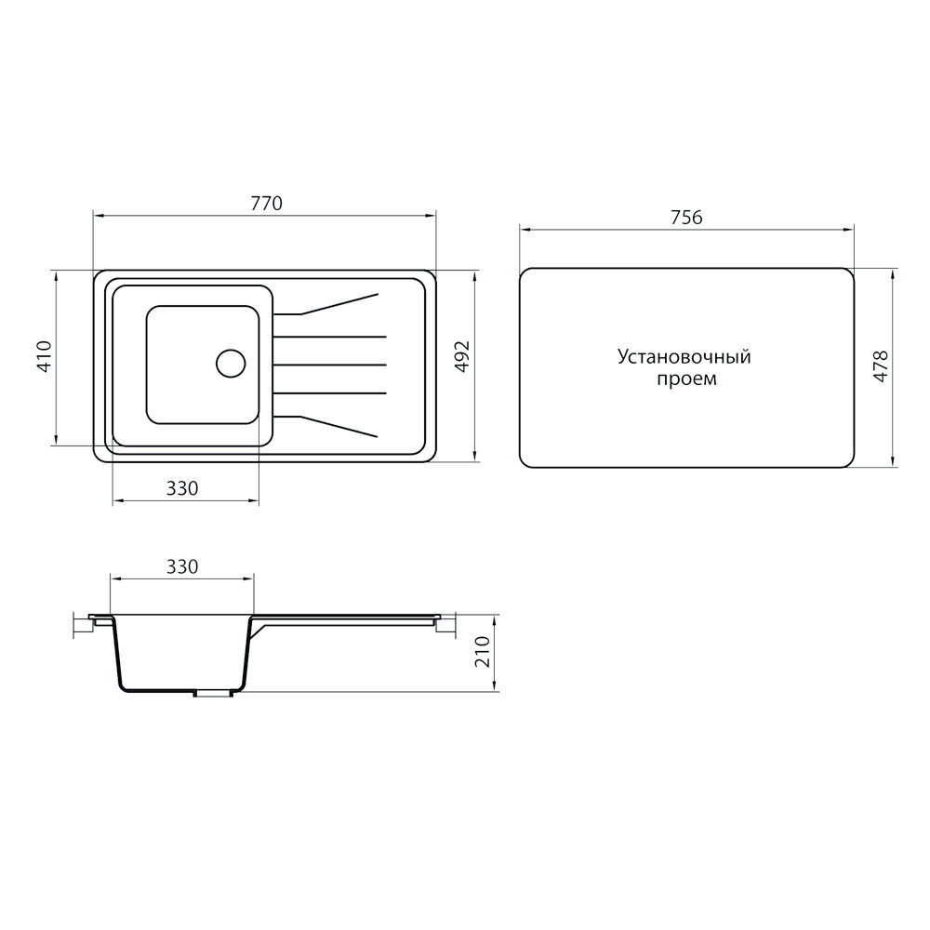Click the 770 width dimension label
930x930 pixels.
pos(266,204)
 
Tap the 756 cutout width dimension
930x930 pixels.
pos(686,218)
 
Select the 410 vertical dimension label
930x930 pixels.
pos(46,356)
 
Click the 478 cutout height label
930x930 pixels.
pos(882,365)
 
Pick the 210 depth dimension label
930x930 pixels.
pos(485,651)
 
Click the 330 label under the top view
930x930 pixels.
pos(182,488)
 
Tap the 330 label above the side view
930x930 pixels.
pos(182,567)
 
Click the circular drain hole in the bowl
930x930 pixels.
pos(231,363)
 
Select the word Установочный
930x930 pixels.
pos(684,357)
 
